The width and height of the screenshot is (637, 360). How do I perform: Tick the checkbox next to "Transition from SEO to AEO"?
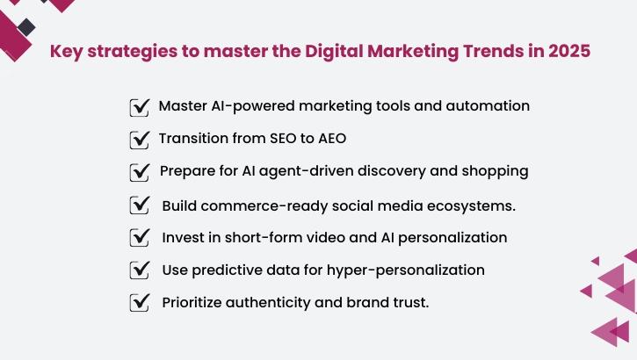coord(139,140)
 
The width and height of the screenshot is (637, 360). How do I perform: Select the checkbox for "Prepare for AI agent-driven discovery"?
coord(139,172)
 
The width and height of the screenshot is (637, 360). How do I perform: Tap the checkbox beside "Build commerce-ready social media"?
coord(139,205)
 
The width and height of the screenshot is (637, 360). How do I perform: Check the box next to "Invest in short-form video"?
coord(139,238)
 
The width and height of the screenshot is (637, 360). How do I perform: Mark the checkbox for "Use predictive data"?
coord(139,270)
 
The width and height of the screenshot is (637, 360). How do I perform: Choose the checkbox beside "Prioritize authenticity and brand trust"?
coord(139,303)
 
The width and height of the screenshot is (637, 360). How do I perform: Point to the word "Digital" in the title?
coord(337,51)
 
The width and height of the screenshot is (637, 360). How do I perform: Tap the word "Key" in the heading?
coord(67,51)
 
